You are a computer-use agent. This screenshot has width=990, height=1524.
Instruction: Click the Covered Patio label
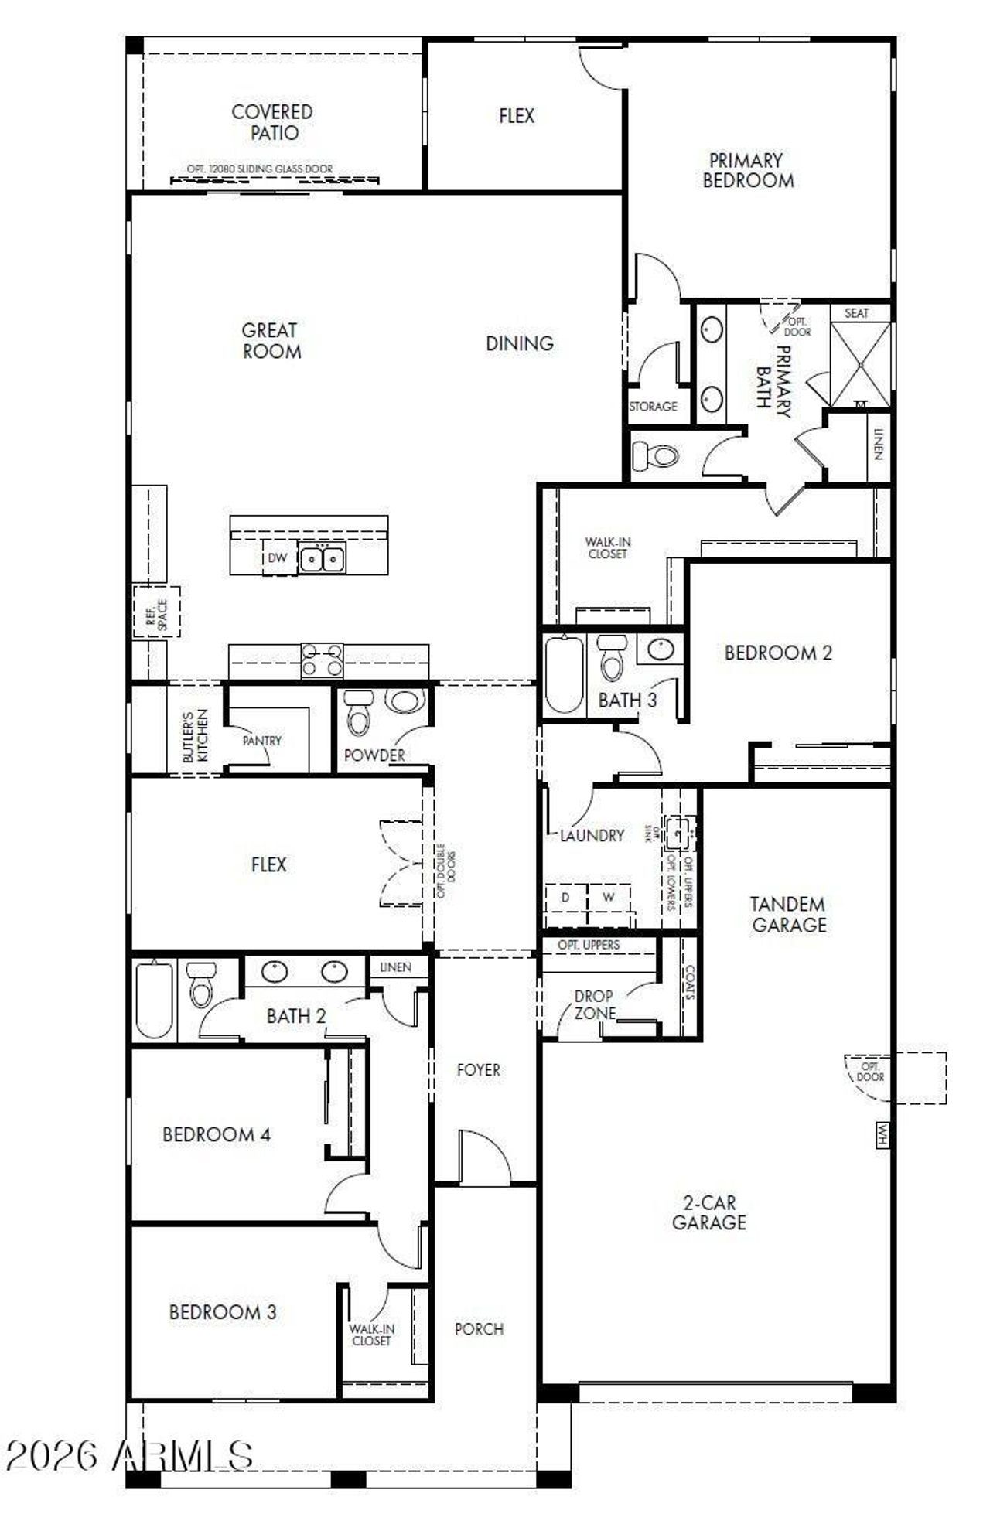tap(272, 122)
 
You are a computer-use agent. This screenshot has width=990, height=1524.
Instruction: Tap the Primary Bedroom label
tap(747, 171)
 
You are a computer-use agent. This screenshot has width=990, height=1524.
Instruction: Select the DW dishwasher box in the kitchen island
tap(277, 557)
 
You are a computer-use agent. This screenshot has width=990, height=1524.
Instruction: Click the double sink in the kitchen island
tap(323, 558)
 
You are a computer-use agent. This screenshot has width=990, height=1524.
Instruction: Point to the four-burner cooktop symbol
tap(322, 660)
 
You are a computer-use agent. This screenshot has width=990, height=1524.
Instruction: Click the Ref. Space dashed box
tap(156, 612)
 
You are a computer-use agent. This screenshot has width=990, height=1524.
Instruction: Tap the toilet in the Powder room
tap(358, 712)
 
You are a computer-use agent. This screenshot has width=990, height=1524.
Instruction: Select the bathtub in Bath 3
tap(563, 674)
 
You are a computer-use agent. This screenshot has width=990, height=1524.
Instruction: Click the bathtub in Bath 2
tap(154, 999)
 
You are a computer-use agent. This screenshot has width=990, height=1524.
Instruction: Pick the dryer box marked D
tap(565, 898)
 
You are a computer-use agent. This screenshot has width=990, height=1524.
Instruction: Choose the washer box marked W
tap(609, 898)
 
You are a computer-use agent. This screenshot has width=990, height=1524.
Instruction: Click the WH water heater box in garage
tap(882, 1134)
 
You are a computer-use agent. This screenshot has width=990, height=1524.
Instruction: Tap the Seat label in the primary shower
tap(856, 313)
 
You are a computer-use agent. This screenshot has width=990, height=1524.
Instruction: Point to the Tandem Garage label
tap(789, 914)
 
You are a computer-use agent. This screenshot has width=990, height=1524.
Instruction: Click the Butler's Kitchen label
tap(195, 736)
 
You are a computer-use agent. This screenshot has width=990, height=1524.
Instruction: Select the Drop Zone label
tap(594, 1004)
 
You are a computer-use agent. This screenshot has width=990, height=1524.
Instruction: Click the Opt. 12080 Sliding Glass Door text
tap(260, 169)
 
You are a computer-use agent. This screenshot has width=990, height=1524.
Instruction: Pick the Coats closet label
tap(690, 983)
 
